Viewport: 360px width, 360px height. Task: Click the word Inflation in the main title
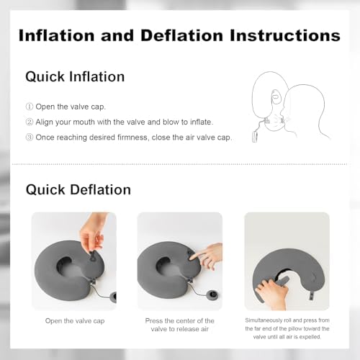coord(56,35)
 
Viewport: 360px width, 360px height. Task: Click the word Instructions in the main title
coord(285,35)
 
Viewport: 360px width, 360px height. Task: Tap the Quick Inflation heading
coord(75,77)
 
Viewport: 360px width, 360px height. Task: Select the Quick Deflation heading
coord(78,189)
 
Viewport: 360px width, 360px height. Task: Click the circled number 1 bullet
coord(30,107)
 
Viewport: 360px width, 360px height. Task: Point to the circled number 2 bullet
coord(30,122)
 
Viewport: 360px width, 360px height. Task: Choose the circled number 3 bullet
coord(30,138)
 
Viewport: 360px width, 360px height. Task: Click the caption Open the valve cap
coord(75,321)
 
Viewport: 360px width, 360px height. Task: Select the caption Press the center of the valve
coord(180,325)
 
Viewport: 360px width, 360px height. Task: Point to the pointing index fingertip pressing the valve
coord(192,258)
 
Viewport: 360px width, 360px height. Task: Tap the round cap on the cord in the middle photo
coord(212,294)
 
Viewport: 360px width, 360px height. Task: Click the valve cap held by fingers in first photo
coord(93,256)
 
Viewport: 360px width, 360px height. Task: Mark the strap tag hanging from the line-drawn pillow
coord(255,137)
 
